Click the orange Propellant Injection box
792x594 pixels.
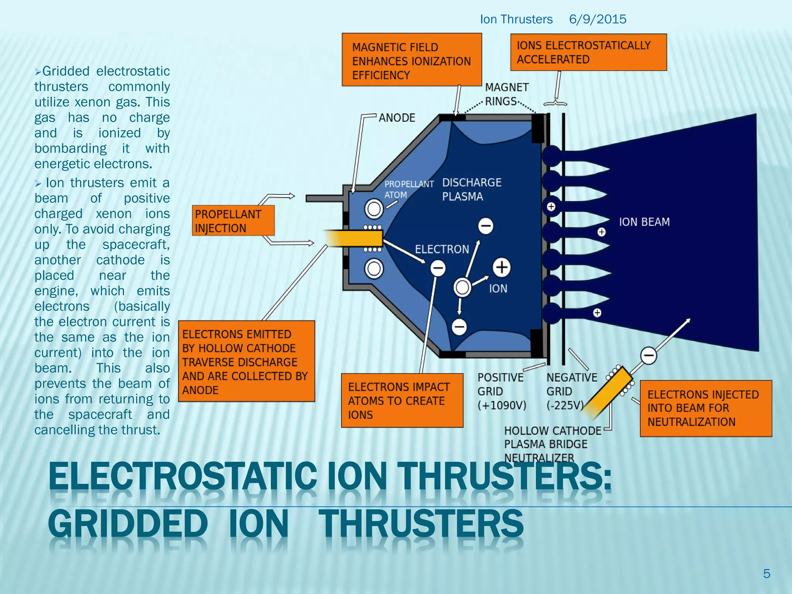233,220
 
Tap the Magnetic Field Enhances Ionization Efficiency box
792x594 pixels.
411,60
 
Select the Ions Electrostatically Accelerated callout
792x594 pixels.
588,52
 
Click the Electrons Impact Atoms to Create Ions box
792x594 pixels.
402,401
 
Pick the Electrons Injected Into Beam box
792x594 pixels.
705,408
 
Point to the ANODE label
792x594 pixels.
397,118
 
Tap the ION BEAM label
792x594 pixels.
644,222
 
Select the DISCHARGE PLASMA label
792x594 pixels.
471,189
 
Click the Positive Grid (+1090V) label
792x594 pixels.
501,391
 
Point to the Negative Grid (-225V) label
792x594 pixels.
571,391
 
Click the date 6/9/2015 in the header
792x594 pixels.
597,19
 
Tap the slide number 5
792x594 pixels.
766,573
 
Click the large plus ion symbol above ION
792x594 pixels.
502,268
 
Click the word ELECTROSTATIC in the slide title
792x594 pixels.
183,476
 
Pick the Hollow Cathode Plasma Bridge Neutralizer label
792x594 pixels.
552,444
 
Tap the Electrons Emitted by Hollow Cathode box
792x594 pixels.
246,361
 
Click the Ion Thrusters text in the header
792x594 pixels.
516,19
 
